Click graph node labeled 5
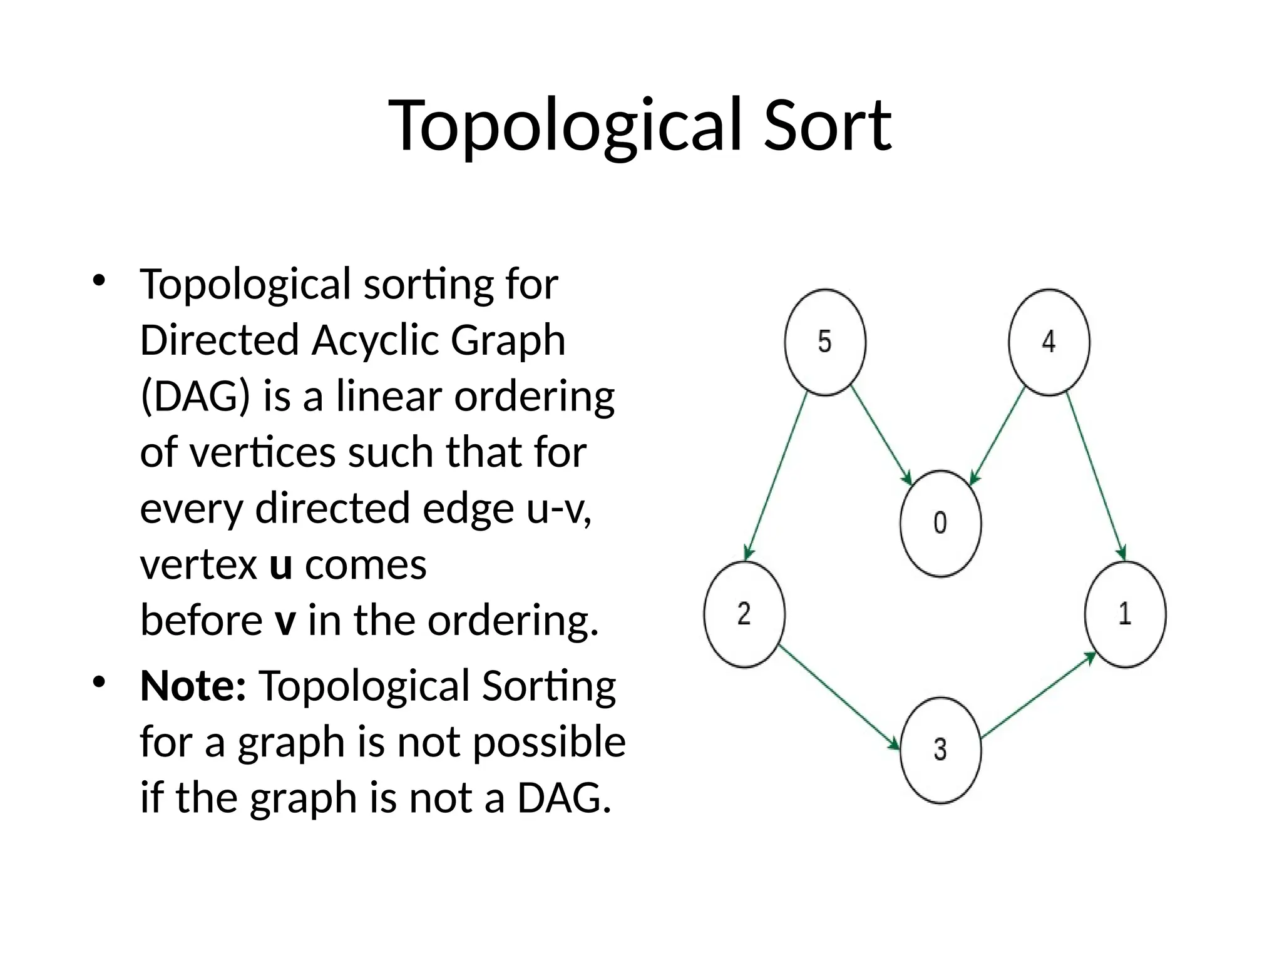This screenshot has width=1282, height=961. pyautogui.click(x=825, y=342)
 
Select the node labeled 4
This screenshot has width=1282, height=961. pyautogui.click(x=1049, y=342)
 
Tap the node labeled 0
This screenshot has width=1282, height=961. pyautogui.click(x=940, y=523)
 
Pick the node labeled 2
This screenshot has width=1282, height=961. pyautogui.click(x=744, y=614)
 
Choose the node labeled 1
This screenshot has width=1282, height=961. pyautogui.click(x=1125, y=614)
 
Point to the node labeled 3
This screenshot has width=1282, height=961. pyautogui.click(x=940, y=750)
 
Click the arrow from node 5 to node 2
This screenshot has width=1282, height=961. pyautogui.click(x=776, y=475)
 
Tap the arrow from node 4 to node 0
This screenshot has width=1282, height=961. pyautogui.click(x=997, y=435)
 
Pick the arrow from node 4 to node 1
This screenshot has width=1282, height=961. pyautogui.click(x=1096, y=475)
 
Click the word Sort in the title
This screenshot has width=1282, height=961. pyautogui.click(x=828, y=125)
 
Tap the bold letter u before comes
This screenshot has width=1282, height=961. pyautogui.click(x=281, y=565)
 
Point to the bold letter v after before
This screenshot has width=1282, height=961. pyautogui.click(x=285, y=621)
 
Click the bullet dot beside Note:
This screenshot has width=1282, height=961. pyautogui.click(x=98, y=682)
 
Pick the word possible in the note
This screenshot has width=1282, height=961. pyautogui.click(x=549, y=742)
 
